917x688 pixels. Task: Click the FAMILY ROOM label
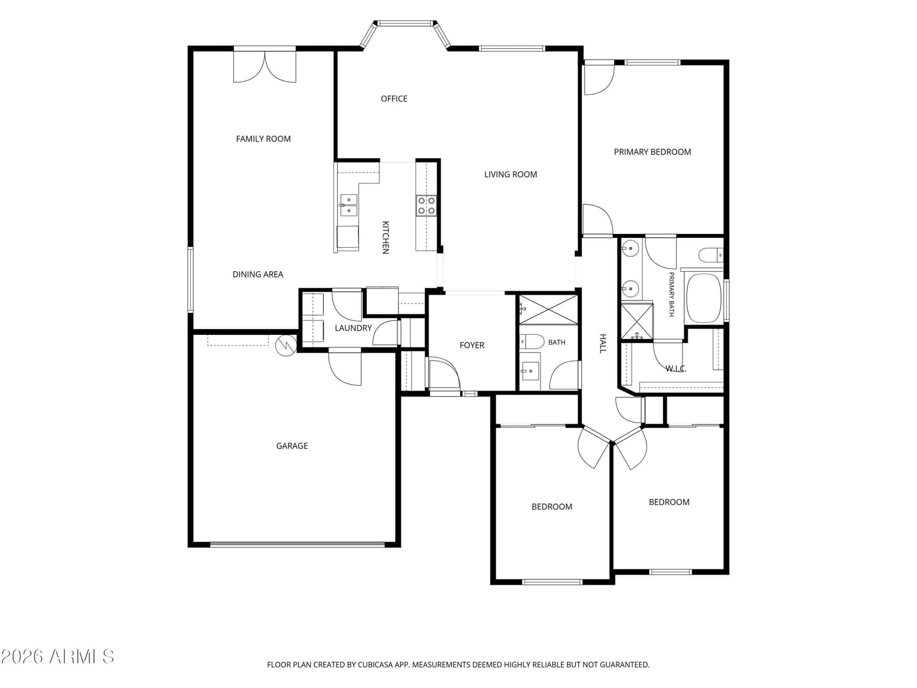263,139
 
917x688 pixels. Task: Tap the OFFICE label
394,99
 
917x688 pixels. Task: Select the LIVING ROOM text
511,174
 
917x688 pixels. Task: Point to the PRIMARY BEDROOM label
652,152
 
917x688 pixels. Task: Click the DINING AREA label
258,275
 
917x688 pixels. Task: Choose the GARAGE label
292,445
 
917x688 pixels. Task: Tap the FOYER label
472,345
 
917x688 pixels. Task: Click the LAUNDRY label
353,328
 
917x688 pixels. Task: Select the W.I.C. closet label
676,369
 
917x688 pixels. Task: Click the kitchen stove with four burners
426,205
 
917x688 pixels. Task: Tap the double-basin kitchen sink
348,205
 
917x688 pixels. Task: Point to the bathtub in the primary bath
704,298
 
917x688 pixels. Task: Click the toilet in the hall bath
531,341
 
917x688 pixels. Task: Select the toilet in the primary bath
710,255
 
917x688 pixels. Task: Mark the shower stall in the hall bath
548,309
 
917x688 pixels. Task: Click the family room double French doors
264,65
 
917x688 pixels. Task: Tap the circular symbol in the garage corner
286,346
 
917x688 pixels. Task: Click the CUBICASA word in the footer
374,664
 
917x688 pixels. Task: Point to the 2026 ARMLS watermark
57,656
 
